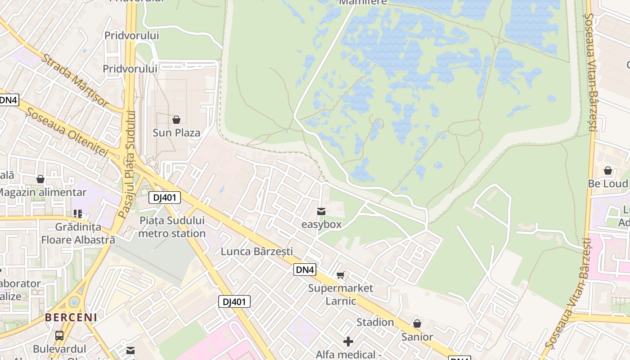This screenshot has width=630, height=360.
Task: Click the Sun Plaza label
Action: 176,133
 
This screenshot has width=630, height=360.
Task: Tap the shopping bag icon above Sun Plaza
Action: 176,120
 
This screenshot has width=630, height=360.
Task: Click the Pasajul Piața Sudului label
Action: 127,165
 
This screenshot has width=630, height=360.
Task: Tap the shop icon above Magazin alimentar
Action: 40,180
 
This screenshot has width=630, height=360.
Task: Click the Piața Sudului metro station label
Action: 172,227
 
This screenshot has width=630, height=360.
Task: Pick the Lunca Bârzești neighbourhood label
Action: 256,252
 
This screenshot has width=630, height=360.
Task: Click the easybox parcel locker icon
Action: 321,211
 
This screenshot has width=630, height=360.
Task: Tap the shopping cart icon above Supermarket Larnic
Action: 341,275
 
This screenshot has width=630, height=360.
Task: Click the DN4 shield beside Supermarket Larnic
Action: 305,270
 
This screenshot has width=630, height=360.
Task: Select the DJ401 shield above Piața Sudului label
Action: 165,198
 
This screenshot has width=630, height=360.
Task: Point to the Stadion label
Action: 375,322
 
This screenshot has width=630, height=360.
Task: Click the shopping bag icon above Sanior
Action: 417,324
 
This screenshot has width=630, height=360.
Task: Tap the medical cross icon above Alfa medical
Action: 348,342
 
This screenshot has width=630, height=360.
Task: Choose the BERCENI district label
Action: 71,317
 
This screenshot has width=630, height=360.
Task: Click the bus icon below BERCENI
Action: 59,335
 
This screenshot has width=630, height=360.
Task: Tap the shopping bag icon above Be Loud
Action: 608,171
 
